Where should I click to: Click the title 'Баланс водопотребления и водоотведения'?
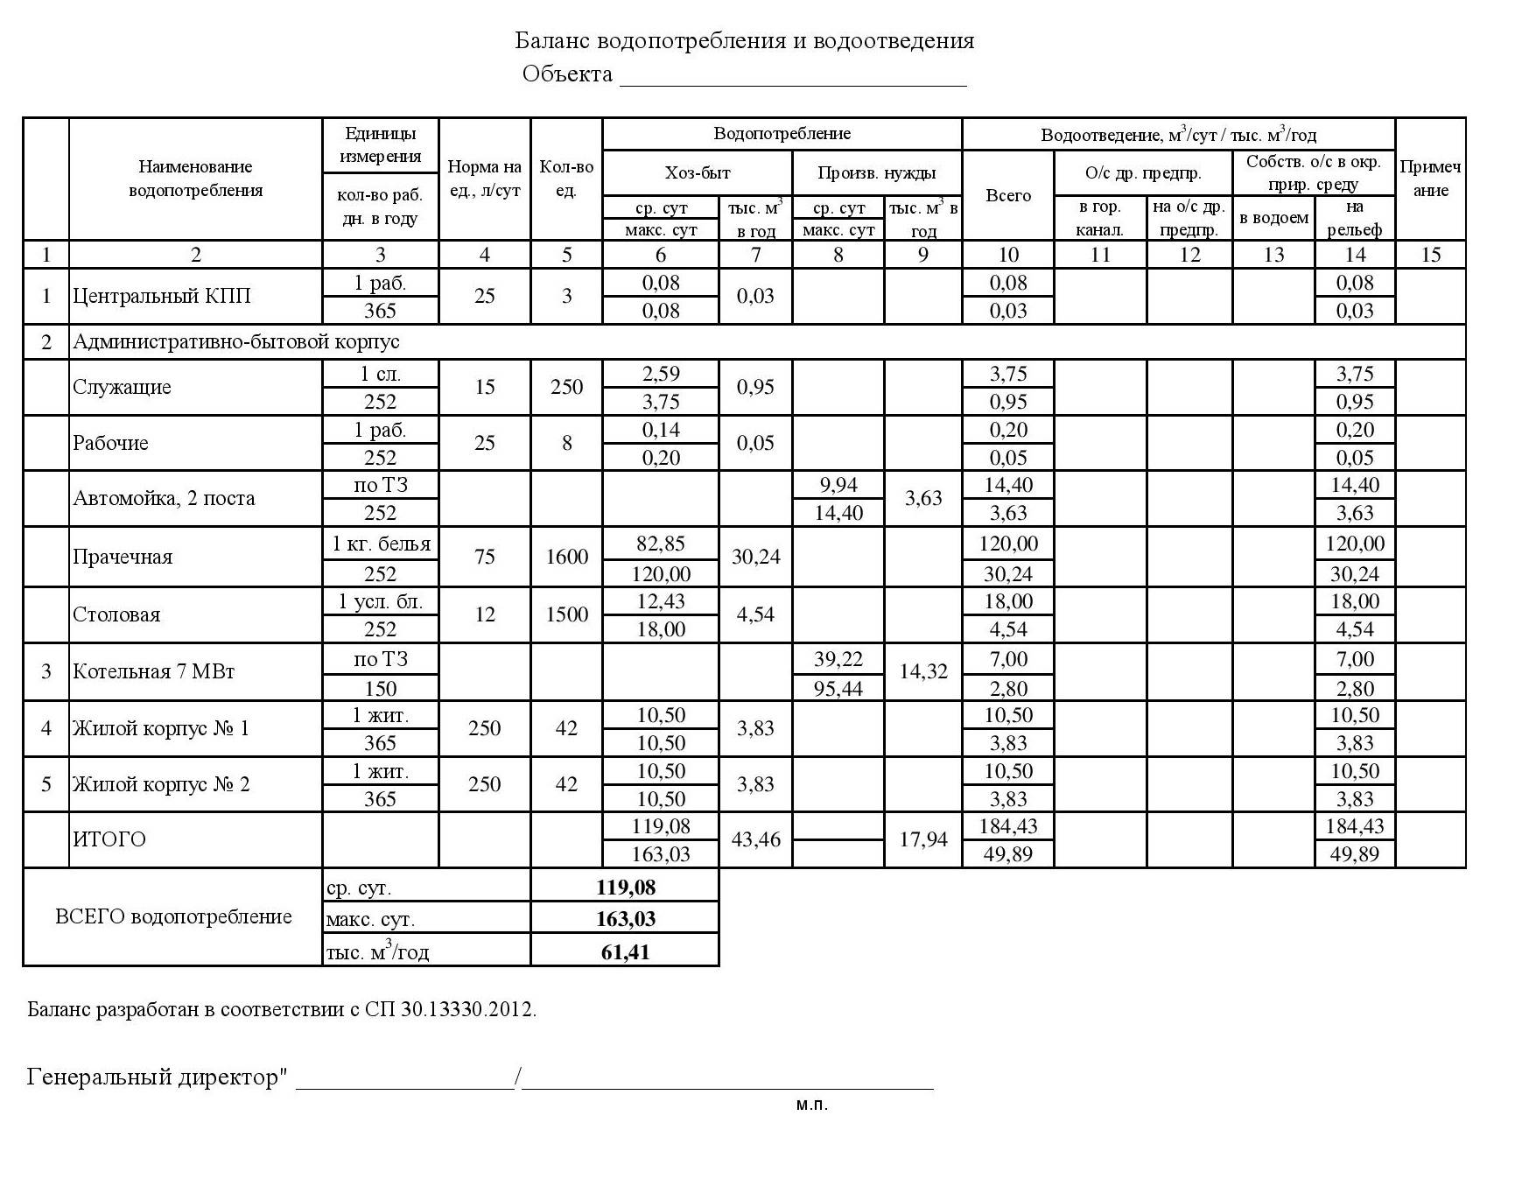tap(744, 41)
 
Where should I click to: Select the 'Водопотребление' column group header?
tap(782, 134)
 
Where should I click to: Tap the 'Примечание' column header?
tap(1430, 179)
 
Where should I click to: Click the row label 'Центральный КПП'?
tap(162, 296)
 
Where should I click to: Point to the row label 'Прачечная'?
tap(123, 557)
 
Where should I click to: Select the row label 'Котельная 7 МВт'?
tap(154, 672)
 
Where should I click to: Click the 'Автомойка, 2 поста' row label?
tap(164, 499)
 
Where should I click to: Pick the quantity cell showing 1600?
tap(566, 557)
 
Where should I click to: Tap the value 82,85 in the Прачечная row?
tap(660, 544)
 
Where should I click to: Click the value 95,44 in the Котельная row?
tap(838, 689)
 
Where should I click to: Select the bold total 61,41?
tap(625, 951)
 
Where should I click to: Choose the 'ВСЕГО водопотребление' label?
tap(173, 916)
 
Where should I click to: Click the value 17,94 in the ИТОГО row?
tap(922, 840)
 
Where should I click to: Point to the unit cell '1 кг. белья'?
tap(381, 544)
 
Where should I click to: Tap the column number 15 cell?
tap(1430, 255)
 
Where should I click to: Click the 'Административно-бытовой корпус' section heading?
tap(236, 341)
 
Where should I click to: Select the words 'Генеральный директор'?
tap(152, 1077)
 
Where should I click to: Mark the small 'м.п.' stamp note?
tap(811, 1105)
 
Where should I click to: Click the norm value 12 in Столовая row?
tap(484, 614)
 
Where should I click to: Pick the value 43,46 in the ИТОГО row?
tap(755, 840)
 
